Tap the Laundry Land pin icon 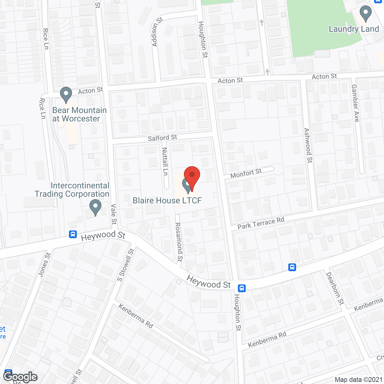pyautogui.click(x=365, y=13)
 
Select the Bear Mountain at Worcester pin pyautogui.click(x=66, y=94)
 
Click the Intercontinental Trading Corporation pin pyautogui.click(x=95, y=207)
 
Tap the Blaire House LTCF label pyautogui.click(x=167, y=200)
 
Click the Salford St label pyautogui.click(x=162, y=138)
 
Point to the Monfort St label pyautogui.click(x=246, y=173)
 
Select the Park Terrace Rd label pyautogui.click(x=261, y=223)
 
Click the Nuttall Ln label pyautogui.click(x=165, y=161)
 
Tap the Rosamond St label pyautogui.click(x=179, y=242)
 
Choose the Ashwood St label pyautogui.click(x=308, y=145)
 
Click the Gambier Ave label pyautogui.click(x=355, y=103)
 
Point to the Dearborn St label pyautogui.click(x=335, y=288)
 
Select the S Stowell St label pyautogui.click(x=126, y=265)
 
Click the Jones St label pyautogui.click(x=44, y=264)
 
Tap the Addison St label pyautogui.click(x=157, y=32)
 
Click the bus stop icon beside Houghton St pyautogui.click(x=242, y=288)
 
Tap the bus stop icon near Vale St pyautogui.click(x=73, y=234)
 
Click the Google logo pyautogui.click(x=20, y=377)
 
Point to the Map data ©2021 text pyautogui.click(x=358, y=379)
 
